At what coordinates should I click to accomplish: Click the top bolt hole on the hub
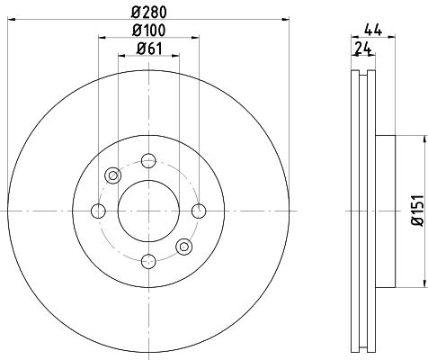coord(148,161)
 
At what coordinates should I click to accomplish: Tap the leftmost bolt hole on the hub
coord(99,211)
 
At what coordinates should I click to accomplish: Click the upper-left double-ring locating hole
coord(113,175)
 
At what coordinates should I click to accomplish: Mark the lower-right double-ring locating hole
coord(183,246)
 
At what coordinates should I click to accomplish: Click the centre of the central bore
coord(148,211)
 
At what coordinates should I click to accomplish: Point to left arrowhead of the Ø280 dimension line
coord(10,18)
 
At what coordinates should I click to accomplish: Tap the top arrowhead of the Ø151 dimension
coord(421,139)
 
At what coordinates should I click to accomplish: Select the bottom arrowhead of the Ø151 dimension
coord(421,282)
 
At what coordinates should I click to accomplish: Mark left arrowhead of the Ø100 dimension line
coord(102,39)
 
